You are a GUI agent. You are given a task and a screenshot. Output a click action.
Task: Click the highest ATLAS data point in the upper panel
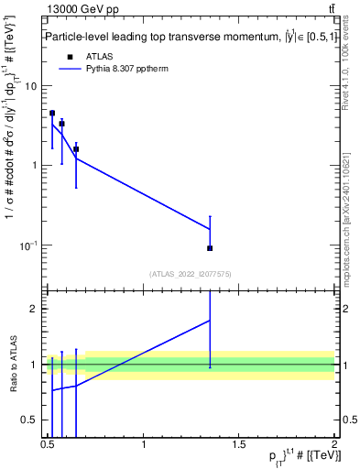pyautogui.click(x=52, y=114)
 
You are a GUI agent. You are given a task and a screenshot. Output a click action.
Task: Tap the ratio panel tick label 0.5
pyautogui.click(x=29, y=420)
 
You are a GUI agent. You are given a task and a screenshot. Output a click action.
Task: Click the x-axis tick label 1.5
pyautogui.click(x=239, y=446)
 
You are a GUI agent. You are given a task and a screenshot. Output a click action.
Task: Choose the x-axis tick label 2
pyautogui.click(x=334, y=446)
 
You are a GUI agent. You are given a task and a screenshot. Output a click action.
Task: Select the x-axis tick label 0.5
pyautogui.click(x=48, y=446)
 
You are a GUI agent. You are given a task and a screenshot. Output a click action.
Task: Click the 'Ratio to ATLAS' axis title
pyautogui.click(x=12, y=364)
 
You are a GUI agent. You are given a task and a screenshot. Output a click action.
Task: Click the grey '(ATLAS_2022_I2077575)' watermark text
pyautogui.click(x=191, y=273)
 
